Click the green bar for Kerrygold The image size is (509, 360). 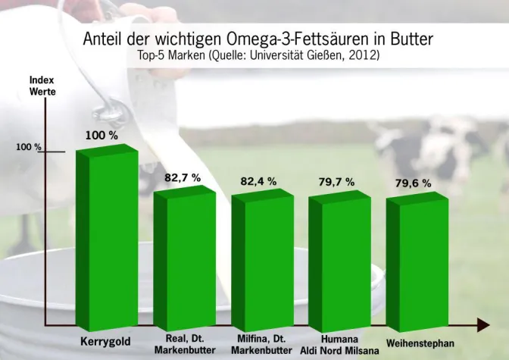(x=106, y=239)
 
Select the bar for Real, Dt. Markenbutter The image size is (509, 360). (x=184, y=258)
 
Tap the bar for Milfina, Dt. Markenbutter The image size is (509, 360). (x=261, y=258)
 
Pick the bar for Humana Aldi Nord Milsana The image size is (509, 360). (x=339, y=259)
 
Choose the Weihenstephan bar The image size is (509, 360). (x=417, y=260)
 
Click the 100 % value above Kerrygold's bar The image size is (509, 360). (x=101, y=135)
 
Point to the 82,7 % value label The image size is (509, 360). (x=183, y=177)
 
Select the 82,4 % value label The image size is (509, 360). (x=258, y=182)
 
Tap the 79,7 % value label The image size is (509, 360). (x=336, y=182)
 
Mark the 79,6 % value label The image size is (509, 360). (x=413, y=183)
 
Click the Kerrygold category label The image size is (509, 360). (x=105, y=342)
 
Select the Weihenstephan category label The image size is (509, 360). (x=420, y=343)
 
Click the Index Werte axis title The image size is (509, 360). (x=42, y=85)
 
